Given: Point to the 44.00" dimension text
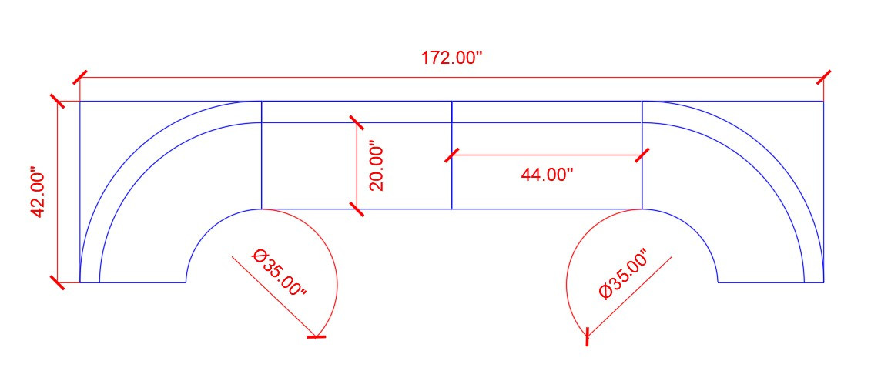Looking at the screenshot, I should (x=547, y=175).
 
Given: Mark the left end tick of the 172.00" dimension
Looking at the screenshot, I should (x=80, y=77).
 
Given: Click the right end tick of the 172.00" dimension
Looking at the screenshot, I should (x=824, y=77).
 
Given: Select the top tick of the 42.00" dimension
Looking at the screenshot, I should (x=58, y=101).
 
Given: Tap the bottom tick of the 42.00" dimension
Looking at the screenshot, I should (x=58, y=282).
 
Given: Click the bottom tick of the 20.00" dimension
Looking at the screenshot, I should (x=356, y=209).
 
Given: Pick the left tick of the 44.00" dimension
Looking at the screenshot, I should (x=452, y=155).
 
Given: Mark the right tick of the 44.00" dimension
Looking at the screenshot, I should (x=642, y=155).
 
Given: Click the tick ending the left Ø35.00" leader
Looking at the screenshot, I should (x=317, y=336).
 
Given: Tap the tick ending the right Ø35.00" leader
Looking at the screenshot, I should (x=588, y=336).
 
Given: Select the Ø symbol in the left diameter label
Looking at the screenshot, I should (x=259, y=256).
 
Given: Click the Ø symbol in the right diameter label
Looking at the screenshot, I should (x=605, y=292).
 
